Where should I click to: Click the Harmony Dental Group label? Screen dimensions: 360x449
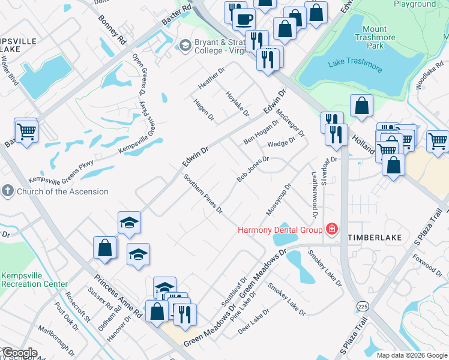[280, 229]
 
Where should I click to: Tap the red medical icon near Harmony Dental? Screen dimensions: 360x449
[331, 229]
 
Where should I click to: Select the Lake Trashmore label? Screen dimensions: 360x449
[355, 64]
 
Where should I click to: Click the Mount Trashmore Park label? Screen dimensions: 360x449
[383, 37]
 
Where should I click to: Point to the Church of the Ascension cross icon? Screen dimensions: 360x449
[7, 191]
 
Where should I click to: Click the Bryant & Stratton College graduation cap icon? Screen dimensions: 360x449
[185, 46]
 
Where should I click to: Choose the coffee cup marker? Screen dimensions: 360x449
[243, 19]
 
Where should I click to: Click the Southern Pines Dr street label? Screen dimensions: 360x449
[203, 194]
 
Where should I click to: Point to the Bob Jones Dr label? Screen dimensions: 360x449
[253, 169]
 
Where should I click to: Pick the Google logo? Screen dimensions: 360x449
[20, 353]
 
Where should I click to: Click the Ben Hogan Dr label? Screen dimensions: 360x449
[261, 132]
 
